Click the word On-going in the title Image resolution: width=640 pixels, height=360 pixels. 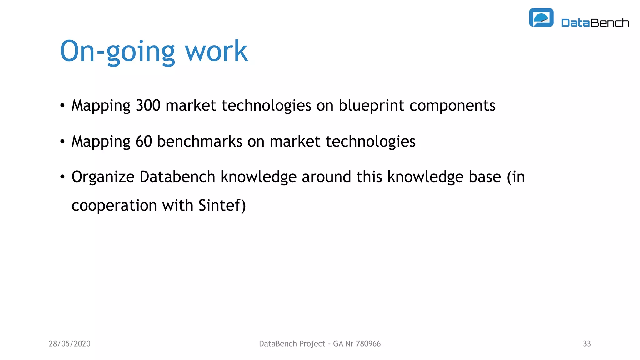coord(117,52)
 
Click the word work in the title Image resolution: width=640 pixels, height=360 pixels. coord(216,52)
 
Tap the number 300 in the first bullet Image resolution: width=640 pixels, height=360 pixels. coord(148,105)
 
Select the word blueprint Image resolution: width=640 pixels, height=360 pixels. coord(371,105)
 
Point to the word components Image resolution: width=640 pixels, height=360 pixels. coord(452,106)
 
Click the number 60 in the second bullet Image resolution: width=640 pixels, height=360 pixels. coord(144,141)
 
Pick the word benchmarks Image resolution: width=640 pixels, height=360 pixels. coord(200,141)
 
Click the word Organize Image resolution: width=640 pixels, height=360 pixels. coord(103,177)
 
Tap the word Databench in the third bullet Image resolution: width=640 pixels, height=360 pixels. coord(177,177)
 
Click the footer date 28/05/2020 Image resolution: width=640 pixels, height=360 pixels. coord(69,344)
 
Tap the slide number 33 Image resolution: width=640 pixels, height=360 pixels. coord(587,344)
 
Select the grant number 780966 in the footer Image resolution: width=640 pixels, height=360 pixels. coord(368,344)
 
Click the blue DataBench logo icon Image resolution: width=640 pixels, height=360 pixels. coord(541,17)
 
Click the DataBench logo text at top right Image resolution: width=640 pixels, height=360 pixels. coord(595,23)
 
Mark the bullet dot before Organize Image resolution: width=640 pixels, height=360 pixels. coord(62,177)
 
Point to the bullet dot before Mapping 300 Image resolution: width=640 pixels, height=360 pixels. coord(62,106)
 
